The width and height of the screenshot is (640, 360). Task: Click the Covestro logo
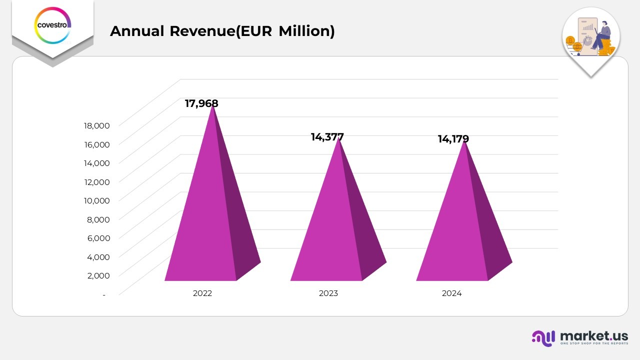[52, 24]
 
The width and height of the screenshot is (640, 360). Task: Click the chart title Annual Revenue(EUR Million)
[222, 31]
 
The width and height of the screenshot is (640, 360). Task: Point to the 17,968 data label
[201, 103]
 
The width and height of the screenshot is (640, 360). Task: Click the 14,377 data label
[327, 137]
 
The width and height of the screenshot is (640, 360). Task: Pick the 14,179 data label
[453, 139]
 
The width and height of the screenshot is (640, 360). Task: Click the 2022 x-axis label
[202, 293]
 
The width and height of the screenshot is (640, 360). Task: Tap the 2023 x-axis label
[328, 293]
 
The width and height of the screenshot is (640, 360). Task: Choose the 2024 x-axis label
[452, 293]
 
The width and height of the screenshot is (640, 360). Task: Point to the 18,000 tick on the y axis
[95, 125]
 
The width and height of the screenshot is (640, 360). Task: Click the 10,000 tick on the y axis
[95, 200]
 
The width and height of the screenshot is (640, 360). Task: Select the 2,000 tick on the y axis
[98, 275]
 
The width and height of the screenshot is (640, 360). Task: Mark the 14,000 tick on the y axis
[95, 163]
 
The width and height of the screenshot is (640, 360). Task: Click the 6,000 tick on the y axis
[98, 238]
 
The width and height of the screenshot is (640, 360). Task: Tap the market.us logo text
[593, 335]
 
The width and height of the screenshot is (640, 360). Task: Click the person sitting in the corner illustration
[601, 35]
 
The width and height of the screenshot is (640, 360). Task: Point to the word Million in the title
[306, 31]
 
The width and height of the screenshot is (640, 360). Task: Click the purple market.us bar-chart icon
[543, 338]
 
